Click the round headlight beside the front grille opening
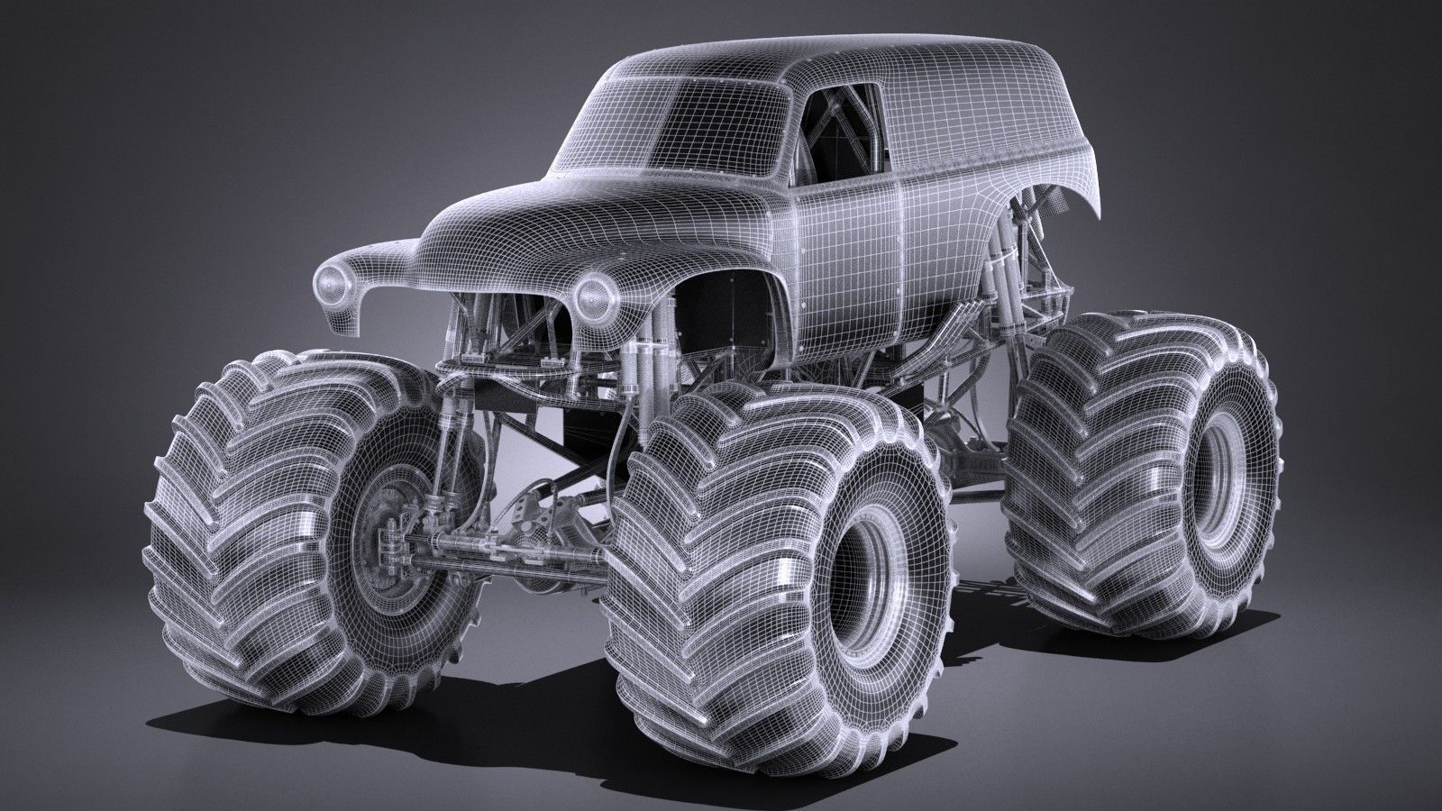click(593, 292)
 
